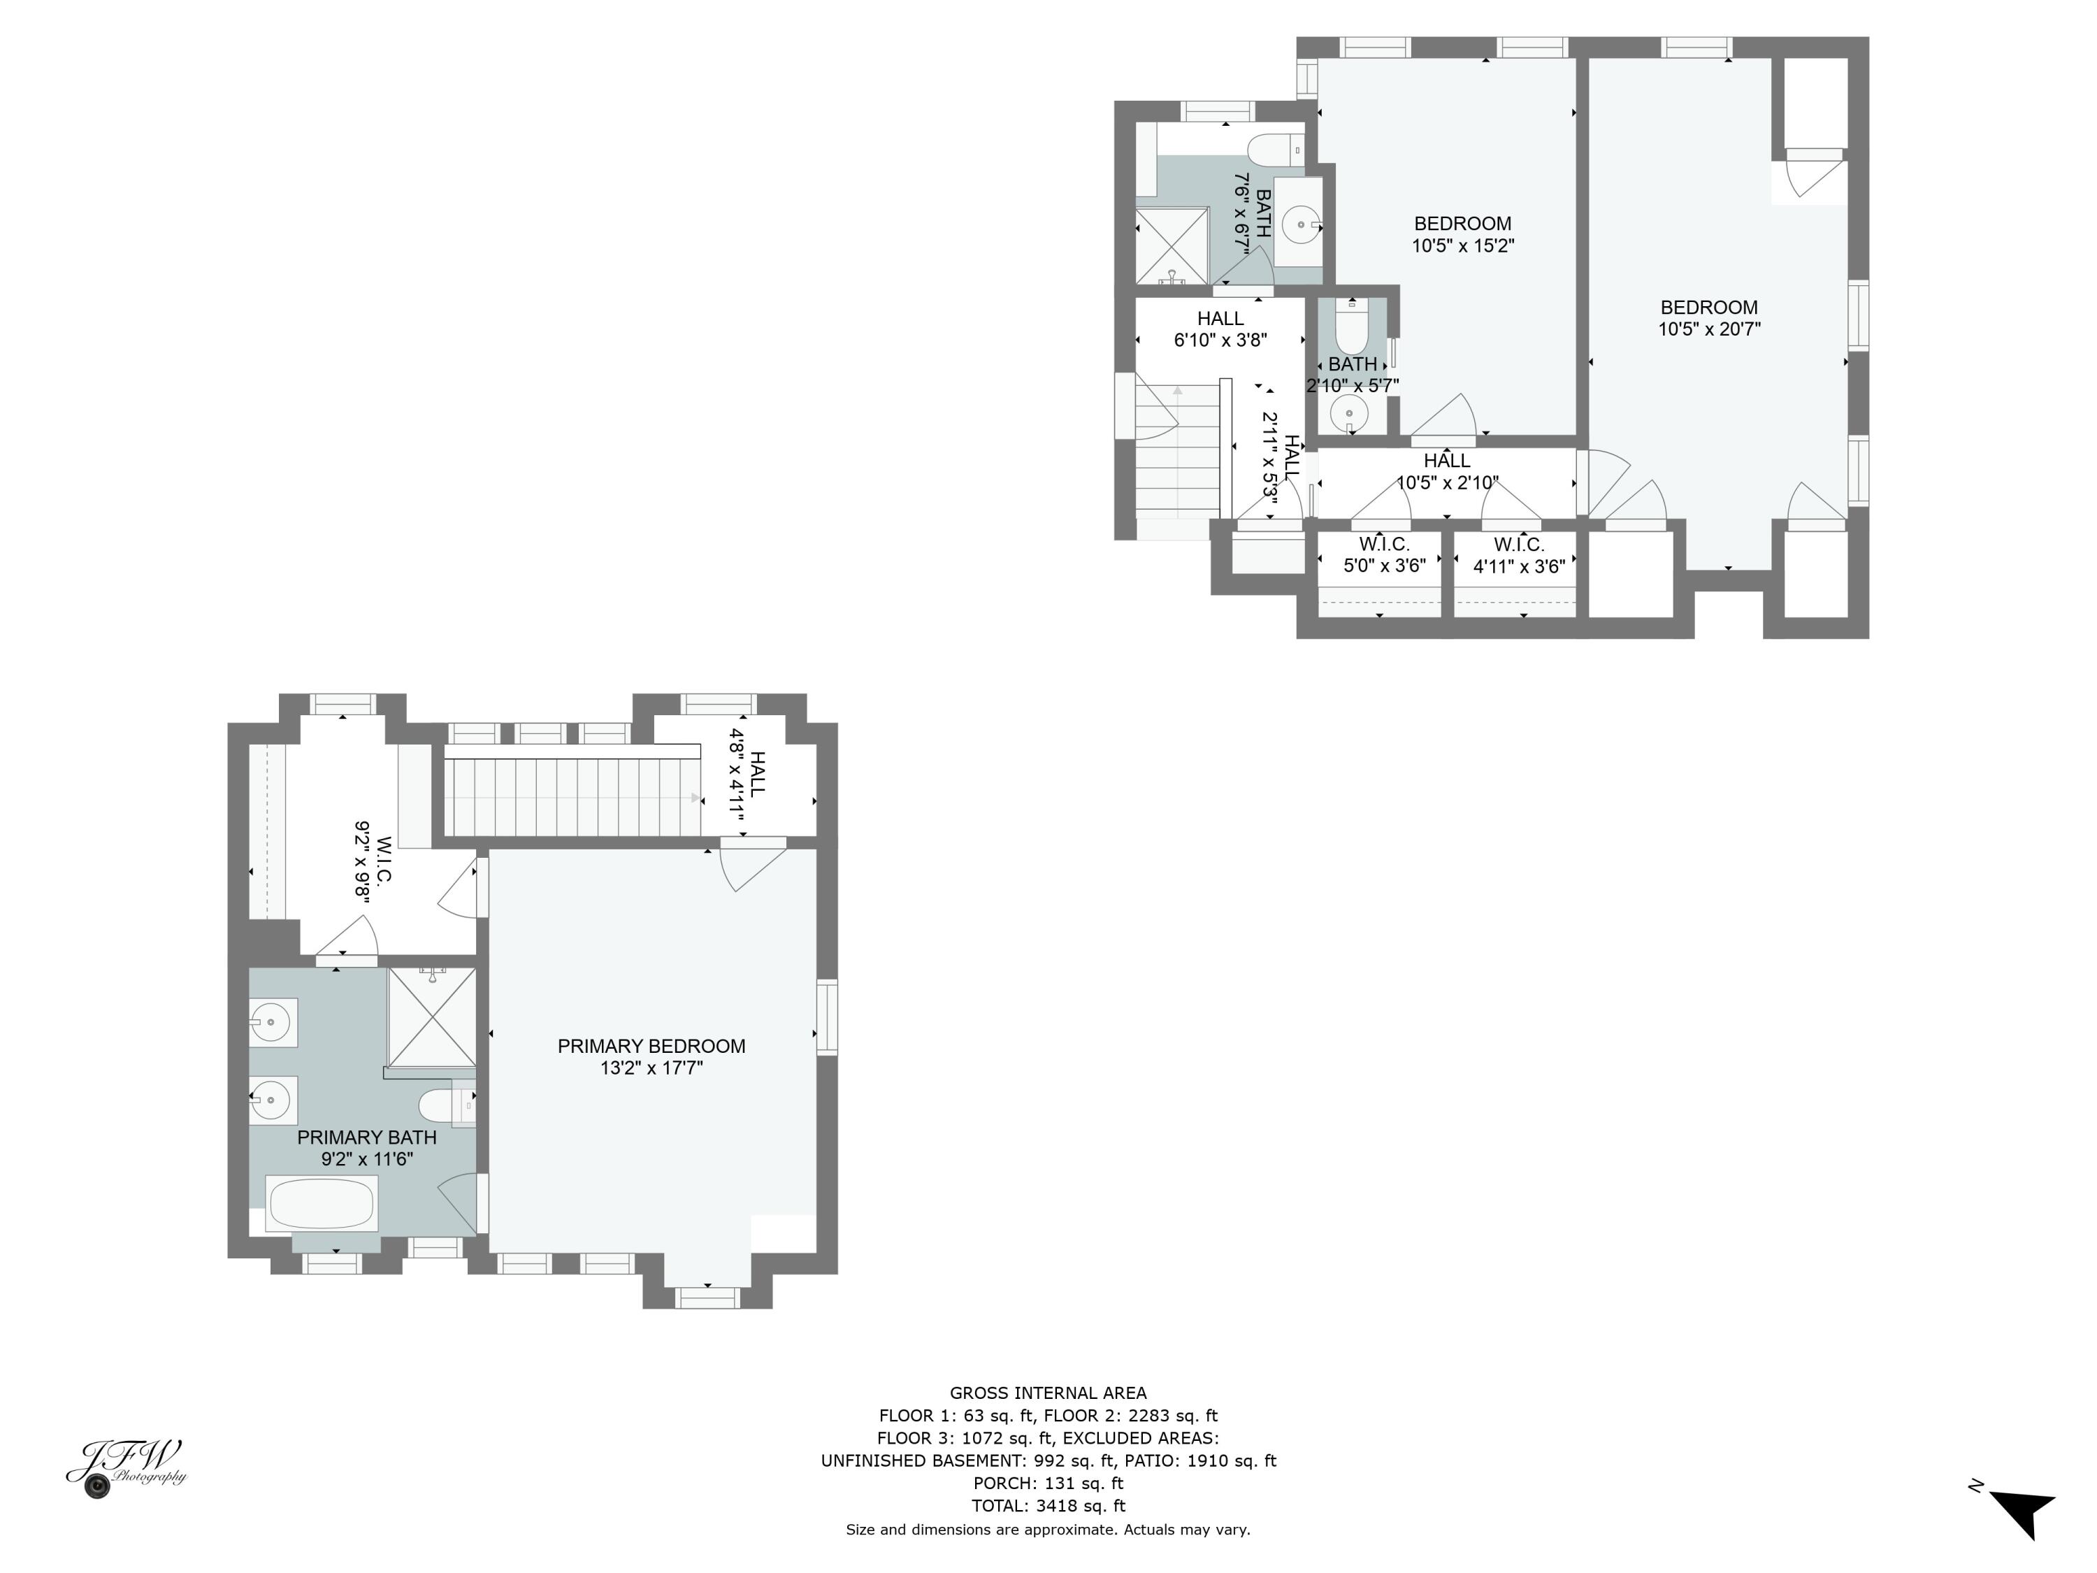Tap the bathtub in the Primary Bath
tap(322, 1204)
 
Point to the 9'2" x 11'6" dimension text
tap(367, 1158)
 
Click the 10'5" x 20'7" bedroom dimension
tap(1708, 329)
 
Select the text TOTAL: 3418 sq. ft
tap(1048, 1506)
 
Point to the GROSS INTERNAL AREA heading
tap(1048, 1393)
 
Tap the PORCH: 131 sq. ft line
tap(1048, 1483)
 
